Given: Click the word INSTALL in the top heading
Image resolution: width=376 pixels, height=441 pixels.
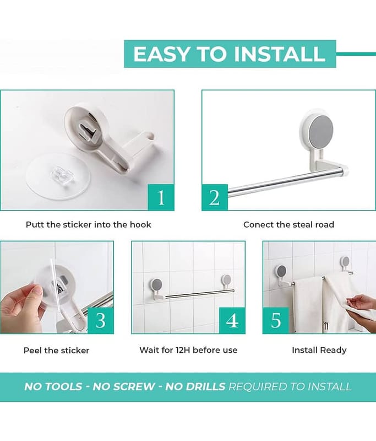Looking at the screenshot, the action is click(x=280, y=53).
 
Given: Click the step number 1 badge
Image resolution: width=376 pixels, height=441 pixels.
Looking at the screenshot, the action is click(x=161, y=197).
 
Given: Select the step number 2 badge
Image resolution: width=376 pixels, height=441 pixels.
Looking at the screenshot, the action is click(x=215, y=197).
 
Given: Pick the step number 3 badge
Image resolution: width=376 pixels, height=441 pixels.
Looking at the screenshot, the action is click(x=101, y=320).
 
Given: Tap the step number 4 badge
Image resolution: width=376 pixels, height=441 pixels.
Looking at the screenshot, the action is click(x=232, y=320).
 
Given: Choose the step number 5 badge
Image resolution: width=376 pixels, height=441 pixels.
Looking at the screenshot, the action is click(x=276, y=320).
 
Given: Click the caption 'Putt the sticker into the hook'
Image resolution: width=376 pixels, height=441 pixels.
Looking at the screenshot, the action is click(x=89, y=224).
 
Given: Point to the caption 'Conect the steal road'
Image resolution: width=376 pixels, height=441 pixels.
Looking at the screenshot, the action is click(x=288, y=224).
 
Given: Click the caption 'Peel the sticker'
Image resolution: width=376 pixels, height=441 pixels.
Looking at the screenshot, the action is click(x=56, y=350).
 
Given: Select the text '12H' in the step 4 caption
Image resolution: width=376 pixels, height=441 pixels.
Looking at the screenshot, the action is click(x=183, y=350).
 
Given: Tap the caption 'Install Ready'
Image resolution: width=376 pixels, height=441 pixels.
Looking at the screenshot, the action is click(x=319, y=350).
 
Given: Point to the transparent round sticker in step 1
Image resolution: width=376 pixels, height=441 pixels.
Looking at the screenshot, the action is click(x=58, y=176).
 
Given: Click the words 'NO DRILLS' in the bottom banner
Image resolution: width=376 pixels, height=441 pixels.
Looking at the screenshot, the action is click(x=195, y=386).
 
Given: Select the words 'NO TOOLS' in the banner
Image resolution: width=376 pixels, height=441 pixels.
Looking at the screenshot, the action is click(x=53, y=386).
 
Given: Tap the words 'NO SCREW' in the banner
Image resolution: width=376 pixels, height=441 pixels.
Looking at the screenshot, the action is click(x=123, y=386).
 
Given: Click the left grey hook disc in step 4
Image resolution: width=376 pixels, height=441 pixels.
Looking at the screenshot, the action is click(x=157, y=284).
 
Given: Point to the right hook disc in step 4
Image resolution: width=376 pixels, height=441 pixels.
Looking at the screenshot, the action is click(x=226, y=279).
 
